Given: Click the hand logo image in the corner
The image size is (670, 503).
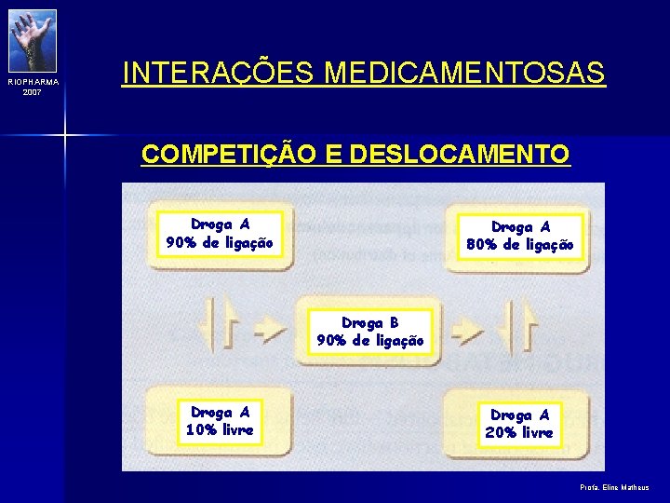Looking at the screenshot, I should pyautogui.click(x=33, y=40).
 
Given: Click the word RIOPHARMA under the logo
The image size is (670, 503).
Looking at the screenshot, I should pyautogui.click(x=33, y=82).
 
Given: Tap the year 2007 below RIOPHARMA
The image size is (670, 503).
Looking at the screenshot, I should pyautogui.click(x=33, y=92).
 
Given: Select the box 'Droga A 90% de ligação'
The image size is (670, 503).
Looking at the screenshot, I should pyautogui.click(x=220, y=234).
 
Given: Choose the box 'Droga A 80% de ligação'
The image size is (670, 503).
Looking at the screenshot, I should pyautogui.click(x=520, y=237).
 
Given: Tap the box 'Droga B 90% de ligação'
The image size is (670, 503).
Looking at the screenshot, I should pyautogui.click(x=369, y=332).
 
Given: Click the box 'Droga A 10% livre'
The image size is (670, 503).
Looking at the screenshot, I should pyautogui.click(x=220, y=421).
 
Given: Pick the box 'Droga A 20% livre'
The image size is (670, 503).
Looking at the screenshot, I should pyautogui.click(x=520, y=424).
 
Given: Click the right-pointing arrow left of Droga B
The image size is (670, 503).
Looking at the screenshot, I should pyautogui.click(x=270, y=327).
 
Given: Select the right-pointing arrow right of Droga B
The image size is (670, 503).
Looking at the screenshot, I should pyautogui.click(x=469, y=327).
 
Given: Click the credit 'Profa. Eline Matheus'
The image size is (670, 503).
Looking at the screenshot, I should pyautogui.click(x=614, y=487).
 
